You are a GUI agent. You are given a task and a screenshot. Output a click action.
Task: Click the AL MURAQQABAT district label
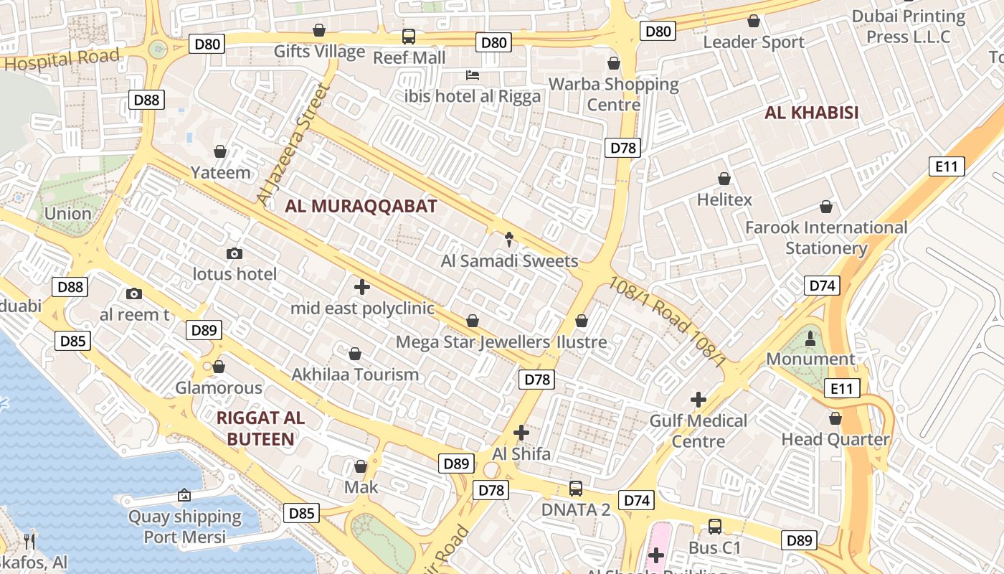point(361,207)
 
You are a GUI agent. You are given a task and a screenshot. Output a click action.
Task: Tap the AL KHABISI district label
point(811,113)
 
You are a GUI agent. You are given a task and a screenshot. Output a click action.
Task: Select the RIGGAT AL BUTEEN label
point(260,428)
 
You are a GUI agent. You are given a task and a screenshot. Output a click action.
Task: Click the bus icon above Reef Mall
point(409,36)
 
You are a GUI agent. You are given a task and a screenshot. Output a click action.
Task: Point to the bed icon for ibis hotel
point(472,75)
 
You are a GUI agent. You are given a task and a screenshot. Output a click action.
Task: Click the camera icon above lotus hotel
point(234,253)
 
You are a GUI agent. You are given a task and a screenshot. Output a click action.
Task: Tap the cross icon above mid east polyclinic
point(362,287)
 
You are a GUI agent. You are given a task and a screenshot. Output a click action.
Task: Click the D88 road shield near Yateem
point(147,100)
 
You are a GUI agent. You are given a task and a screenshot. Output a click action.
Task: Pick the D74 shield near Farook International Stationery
point(822,286)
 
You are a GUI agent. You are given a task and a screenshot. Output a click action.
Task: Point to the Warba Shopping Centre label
point(613,94)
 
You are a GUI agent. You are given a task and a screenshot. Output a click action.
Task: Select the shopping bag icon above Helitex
point(724,179)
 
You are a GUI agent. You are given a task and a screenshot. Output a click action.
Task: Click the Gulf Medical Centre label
point(698,430)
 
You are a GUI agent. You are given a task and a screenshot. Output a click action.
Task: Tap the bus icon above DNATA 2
point(576,489)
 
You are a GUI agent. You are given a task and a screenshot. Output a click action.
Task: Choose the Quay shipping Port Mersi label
point(185,526)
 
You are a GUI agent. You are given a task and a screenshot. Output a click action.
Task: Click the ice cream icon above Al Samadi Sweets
point(510,238)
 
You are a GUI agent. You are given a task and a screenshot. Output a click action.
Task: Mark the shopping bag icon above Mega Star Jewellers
point(472,320)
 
